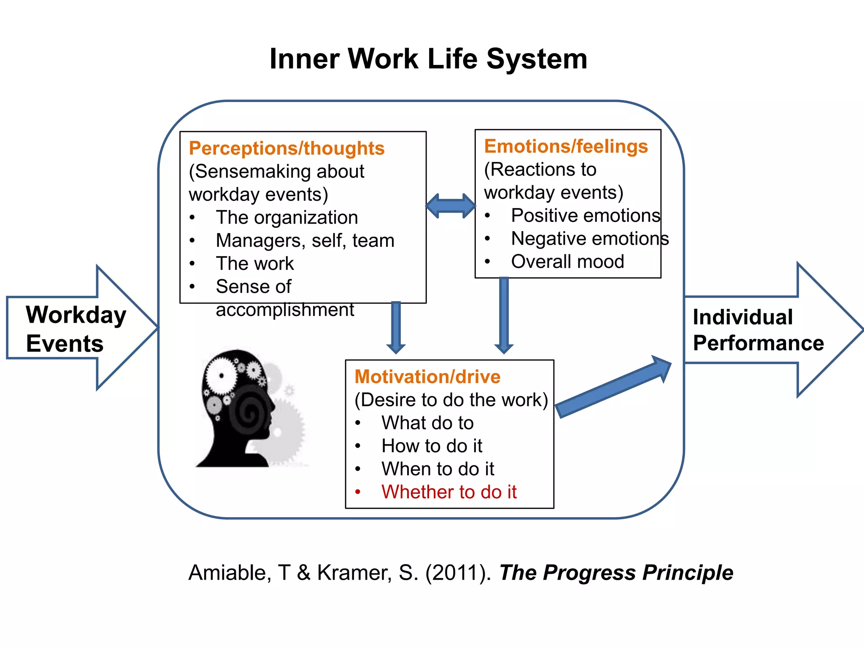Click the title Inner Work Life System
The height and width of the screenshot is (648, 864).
(428, 59)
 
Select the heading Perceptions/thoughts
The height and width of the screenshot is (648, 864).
(286, 148)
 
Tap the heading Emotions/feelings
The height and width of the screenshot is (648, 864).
(566, 146)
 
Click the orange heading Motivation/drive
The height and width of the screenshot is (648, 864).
(427, 377)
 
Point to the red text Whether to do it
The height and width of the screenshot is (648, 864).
(449, 492)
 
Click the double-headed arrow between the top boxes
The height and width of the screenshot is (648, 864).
(451, 206)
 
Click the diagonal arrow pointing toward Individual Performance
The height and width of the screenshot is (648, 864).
(614, 387)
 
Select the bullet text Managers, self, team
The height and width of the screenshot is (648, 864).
(305, 241)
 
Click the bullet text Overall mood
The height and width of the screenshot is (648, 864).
(567, 262)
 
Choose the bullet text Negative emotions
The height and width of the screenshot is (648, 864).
(590, 239)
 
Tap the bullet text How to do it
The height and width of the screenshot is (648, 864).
(432, 446)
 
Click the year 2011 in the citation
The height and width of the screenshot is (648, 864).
(458, 573)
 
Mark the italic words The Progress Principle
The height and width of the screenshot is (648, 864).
(616, 573)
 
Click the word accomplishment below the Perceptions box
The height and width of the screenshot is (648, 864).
(285, 310)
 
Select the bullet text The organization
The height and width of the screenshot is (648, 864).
(287, 218)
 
